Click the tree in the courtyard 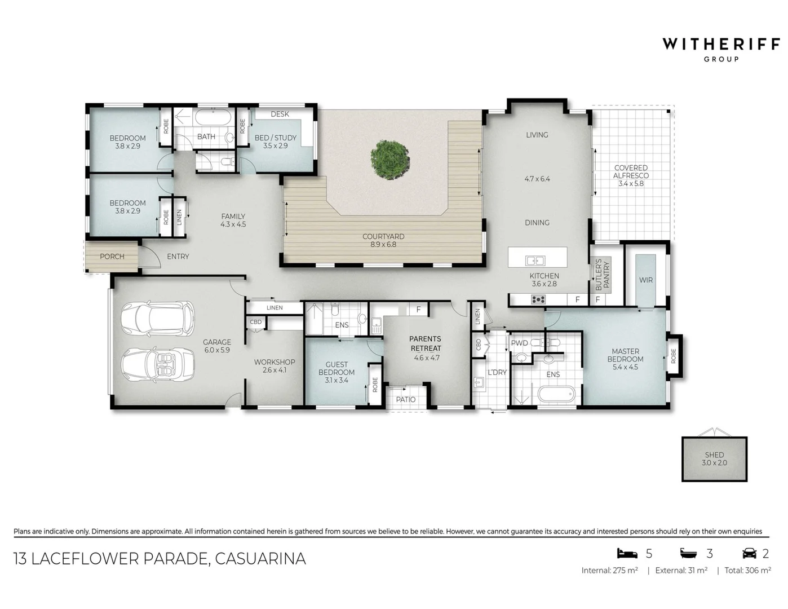390,160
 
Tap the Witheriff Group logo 721,48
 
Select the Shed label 714,454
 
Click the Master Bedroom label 625,355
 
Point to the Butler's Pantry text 602,275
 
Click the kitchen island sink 535,261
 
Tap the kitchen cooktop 538,299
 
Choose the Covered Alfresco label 631,171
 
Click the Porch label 112,257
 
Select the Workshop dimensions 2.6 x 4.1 275,370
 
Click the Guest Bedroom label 337,368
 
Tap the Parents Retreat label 426,343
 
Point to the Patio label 405,399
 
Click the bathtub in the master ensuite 556,393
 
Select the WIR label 646,280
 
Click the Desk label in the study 280,114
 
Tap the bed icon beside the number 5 627,553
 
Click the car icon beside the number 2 749,553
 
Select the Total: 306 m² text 747,570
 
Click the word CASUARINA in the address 260,558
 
